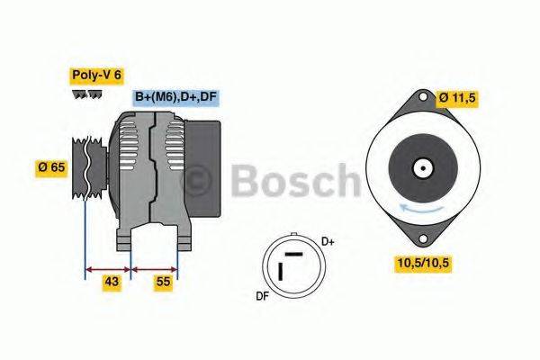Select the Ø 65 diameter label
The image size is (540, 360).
tap(51, 166)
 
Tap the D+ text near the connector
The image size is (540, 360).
tap(328, 241)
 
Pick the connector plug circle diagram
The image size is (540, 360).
tap(290, 266)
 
